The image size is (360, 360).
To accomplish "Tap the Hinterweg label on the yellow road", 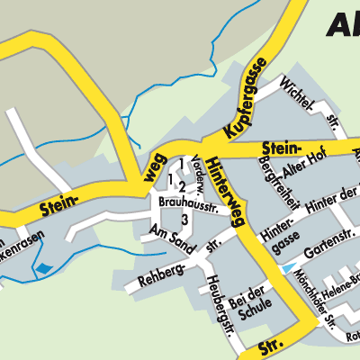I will tap(225, 188).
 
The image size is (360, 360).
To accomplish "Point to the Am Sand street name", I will tap(172, 234).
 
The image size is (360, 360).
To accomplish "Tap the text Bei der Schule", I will tap(249, 301).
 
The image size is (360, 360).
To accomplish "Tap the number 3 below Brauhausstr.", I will tap(184, 219).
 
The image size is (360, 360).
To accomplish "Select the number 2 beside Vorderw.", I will tap(183, 186).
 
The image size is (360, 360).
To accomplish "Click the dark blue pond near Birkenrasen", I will tap(42, 267).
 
